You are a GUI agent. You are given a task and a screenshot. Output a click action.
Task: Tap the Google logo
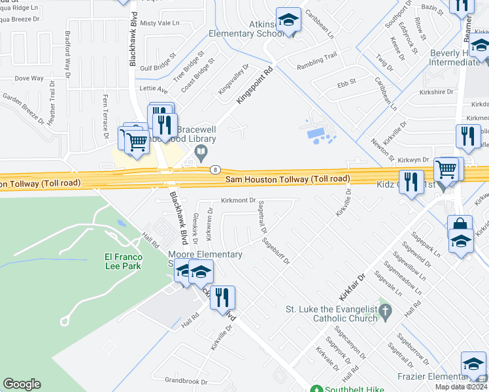22,384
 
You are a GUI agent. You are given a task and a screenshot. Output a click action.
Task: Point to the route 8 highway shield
214,170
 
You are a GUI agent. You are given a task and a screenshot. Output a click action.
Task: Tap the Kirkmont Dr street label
239,201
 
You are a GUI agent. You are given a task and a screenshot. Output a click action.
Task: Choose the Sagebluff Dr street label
275,250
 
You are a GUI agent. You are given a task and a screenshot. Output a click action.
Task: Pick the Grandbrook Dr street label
186,381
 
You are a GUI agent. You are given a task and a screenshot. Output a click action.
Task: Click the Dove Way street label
29,78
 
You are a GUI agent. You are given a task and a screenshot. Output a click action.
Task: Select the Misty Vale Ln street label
159,23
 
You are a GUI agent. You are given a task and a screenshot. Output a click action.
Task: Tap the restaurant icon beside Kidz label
411,181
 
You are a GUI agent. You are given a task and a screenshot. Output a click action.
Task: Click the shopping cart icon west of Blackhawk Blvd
136,140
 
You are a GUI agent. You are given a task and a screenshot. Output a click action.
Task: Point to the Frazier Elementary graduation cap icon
473,364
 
